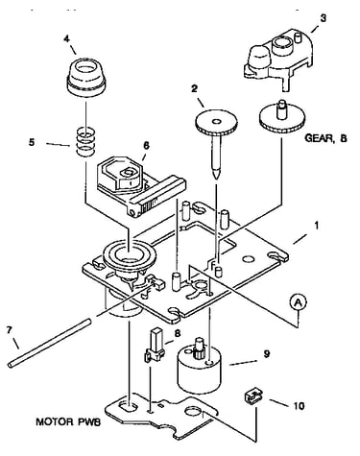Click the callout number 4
pos(66,39)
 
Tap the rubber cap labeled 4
pos(86,76)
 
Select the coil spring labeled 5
pos(86,142)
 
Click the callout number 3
pos(324,18)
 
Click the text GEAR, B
pos(325,138)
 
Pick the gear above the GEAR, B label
pos(281,118)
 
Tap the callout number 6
pos(146,146)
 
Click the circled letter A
pos(299,301)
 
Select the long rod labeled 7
pos(50,343)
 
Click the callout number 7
pos(10,329)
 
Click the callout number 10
pos(299,406)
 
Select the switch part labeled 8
pos(155,346)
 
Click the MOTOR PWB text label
pos(68,421)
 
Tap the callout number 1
pos(317,226)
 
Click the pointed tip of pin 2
pos(217,179)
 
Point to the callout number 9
pos(267,354)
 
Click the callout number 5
pos(32,142)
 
